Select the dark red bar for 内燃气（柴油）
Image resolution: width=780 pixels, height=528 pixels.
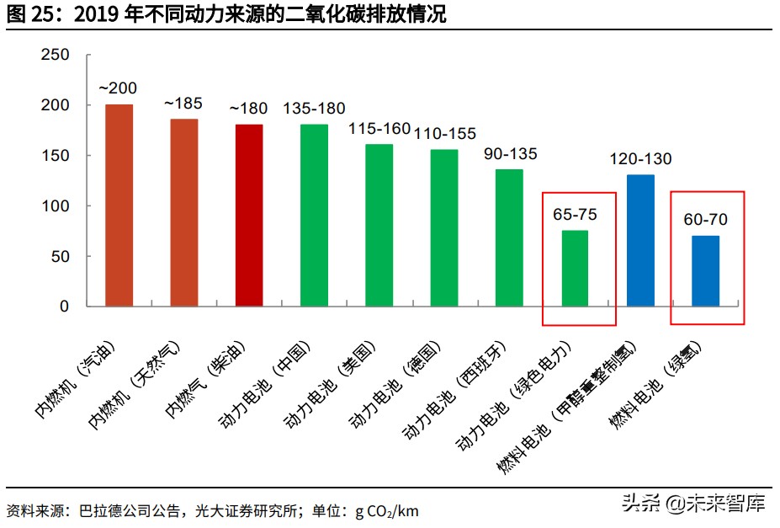[x=249, y=215]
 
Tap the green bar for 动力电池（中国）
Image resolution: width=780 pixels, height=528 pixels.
[x=314, y=215]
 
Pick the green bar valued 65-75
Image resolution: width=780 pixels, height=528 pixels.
[x=575, y=268]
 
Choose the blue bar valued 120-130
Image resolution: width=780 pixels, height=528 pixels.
[x=640, y=240]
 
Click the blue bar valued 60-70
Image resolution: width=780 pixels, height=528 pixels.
[x=705, y=270]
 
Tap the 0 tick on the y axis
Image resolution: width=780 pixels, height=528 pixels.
[x=64, y=307]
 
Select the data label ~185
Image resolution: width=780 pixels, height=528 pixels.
[x=183, y=104]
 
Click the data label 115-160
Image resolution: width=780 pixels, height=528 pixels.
[x=379, y=129]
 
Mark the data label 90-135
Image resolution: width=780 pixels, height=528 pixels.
[x=510, y=154]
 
